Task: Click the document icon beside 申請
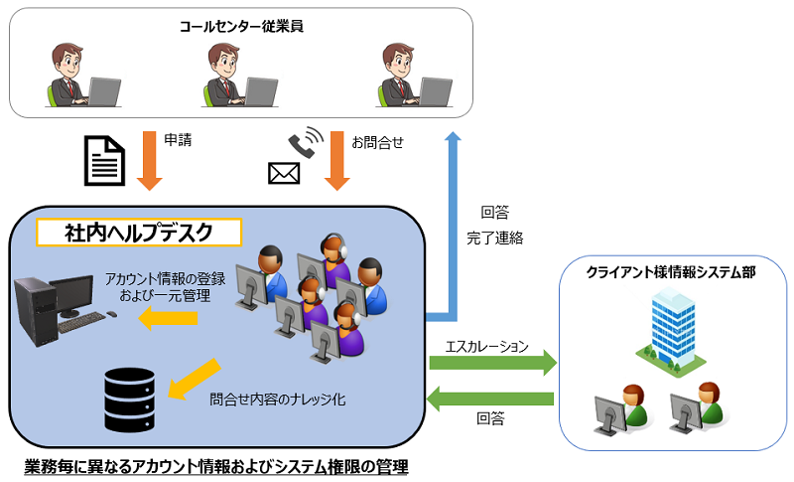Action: tap(105, 160)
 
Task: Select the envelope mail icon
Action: tap(284, 174)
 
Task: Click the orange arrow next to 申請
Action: tap(149, 159)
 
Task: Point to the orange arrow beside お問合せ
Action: tap(335, 159)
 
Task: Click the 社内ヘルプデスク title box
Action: tap(139, 233)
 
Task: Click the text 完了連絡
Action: tap(494, 239)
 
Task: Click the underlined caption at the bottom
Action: tap(216, 465)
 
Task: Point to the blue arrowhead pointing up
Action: tap(453, 140)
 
